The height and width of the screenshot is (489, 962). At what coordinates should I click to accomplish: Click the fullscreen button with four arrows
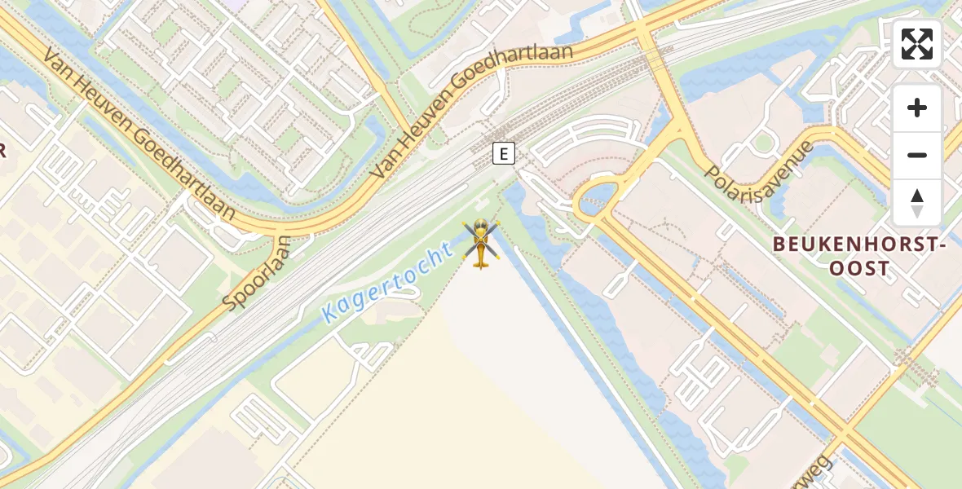click(x=917, y=44)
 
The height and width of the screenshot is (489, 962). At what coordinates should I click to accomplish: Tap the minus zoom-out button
click(x=917, y=155)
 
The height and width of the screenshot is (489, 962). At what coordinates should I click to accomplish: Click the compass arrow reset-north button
click(x=917, y=203)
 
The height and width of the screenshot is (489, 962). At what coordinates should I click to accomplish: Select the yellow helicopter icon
click(x=481, y=243)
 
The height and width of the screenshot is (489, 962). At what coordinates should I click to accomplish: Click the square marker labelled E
click(x=504, y=153)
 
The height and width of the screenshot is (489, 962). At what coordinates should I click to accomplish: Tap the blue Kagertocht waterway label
click(x=387, y=283)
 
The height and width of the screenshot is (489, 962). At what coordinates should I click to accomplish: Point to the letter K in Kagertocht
click(x=329, y=312)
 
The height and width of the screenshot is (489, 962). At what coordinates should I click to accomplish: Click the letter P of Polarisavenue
click(x=713, y=202)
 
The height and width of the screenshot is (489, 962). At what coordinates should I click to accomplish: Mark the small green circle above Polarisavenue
click(x=762, y=143)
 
